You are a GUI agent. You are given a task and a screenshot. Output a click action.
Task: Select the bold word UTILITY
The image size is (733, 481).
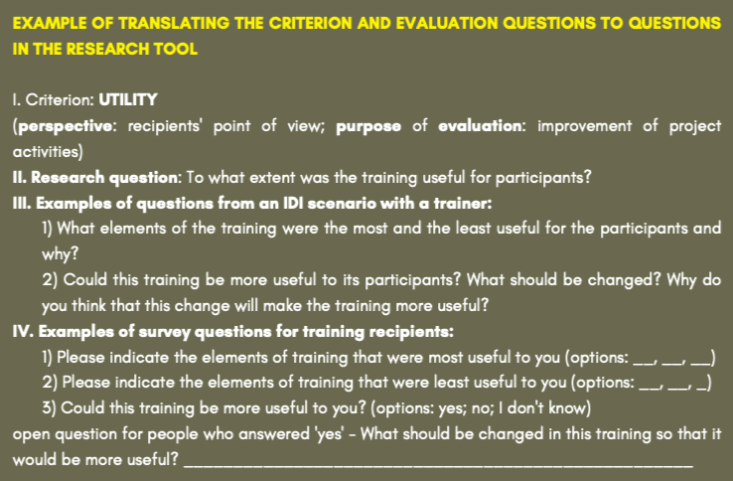[128, 99]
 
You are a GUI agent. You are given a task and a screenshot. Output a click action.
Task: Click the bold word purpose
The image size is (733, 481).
[368, 126]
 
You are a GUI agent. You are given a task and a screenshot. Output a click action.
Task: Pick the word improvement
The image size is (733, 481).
[584, 126]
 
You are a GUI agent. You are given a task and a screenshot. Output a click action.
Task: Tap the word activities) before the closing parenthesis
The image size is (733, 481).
[48, 152]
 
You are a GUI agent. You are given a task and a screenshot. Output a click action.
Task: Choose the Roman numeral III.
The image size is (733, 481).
[22, 203]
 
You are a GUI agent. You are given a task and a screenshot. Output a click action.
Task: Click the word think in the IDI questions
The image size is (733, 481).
[88, 305]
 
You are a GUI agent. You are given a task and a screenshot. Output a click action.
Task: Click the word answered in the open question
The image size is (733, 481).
[272, 433]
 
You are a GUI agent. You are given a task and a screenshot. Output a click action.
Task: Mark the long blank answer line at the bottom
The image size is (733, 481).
[438, 465]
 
